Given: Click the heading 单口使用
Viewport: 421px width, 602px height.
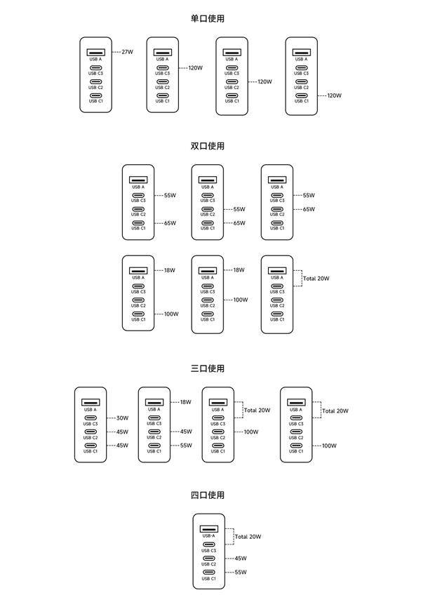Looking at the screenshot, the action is point(207,18).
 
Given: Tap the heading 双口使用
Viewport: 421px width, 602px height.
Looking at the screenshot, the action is point(207,146).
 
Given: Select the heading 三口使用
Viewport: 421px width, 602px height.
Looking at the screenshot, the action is point(207,368).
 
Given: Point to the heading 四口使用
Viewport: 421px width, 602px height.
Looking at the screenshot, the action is point(207,495).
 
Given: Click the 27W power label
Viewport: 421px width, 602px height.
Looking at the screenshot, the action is point(128,52).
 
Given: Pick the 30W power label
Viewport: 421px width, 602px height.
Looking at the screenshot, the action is point(122,418).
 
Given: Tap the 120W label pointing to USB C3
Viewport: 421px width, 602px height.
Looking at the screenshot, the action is point(195,68).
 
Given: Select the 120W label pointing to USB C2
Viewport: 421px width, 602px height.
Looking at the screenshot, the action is point(265,82).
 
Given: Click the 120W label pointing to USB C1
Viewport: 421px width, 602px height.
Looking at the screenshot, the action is point(334,95).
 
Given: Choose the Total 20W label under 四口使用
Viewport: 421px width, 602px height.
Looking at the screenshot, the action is point(248,537).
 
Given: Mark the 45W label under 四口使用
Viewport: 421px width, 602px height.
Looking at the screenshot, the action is point(241,558).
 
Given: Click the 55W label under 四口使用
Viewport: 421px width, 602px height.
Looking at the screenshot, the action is point(241,573).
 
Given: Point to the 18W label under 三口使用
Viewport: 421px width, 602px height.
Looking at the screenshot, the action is point(186,402).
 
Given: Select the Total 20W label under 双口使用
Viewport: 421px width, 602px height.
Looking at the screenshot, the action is point(316,279).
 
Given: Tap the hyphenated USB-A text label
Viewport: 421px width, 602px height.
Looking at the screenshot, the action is point(209,535).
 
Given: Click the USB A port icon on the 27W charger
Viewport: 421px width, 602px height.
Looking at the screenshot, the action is point(95,52).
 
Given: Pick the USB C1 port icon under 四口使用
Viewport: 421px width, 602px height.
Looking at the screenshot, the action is point(209,572).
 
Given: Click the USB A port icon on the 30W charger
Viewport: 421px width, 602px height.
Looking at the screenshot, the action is point(91,402).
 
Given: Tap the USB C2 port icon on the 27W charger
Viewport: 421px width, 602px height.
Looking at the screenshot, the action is point(95,82).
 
